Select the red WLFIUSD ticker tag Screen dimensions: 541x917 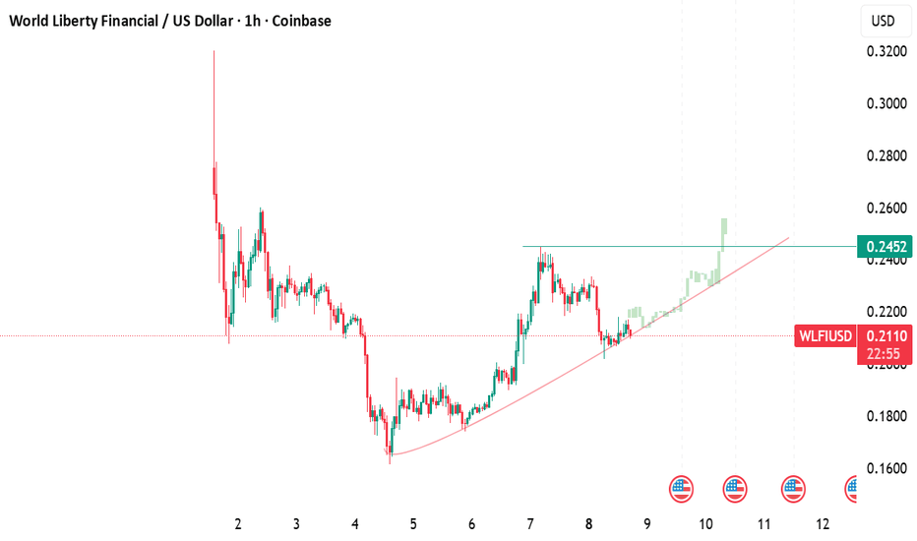825,335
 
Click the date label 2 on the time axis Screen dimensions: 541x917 238,524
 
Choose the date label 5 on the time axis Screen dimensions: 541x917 413,524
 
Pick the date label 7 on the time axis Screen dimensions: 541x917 530,524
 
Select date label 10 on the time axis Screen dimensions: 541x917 705,524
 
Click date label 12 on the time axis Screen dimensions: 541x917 823,524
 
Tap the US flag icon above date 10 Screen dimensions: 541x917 735,487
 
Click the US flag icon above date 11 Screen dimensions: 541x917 793,487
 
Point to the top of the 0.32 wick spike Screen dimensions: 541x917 214,51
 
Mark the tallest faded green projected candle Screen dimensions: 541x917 724,232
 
